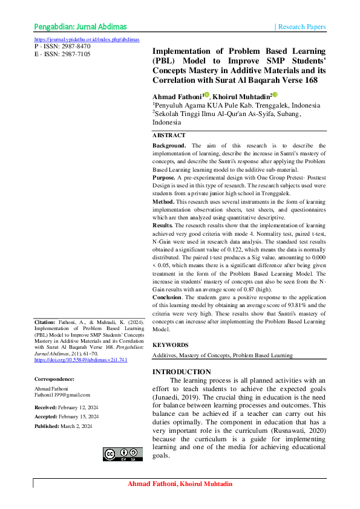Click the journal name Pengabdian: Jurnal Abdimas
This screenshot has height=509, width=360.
[x=80, y=27]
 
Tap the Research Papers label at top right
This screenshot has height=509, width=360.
[x=302, y=27]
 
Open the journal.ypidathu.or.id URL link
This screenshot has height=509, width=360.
[x=87, y=39]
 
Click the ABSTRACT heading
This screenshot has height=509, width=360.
[x=169, y=135]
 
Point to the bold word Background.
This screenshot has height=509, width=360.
[x=169, y=146]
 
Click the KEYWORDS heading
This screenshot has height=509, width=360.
[x=170, y=345]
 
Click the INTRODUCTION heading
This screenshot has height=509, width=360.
[x=182, y=372]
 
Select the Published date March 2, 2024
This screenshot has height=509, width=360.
[x=75, y=427]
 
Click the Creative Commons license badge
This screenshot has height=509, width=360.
[x=123, y=454]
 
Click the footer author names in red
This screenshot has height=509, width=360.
[x=180, y=485]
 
